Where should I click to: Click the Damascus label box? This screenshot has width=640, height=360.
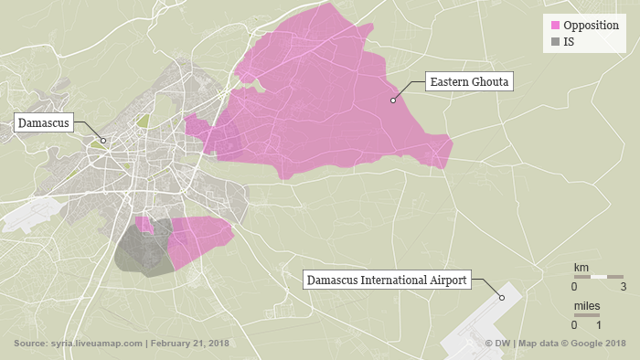[42, 122]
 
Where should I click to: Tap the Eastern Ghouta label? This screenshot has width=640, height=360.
[470, 82]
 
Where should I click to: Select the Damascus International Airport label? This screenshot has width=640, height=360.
[387, 280]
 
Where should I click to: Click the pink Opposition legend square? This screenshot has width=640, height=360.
[553, 25]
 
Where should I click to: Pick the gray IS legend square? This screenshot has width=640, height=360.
[553, 42]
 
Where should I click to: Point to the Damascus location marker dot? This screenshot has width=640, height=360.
[103, 141]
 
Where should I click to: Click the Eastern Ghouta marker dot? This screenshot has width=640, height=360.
[392, 101]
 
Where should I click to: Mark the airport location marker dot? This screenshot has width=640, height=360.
[501, 298]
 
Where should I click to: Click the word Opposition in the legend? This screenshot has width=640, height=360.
[591, 25]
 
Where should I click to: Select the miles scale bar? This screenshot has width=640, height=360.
[586, 314]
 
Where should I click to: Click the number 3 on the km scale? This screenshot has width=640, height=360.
[623, 287]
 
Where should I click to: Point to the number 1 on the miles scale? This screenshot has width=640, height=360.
[598, 325]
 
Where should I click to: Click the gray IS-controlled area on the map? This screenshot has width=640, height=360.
[137, 251]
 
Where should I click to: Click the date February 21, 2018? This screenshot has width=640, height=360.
[189, 344]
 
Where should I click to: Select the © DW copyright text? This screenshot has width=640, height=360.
[498, 344]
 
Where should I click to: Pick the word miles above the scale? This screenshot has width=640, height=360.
[588, 304]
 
